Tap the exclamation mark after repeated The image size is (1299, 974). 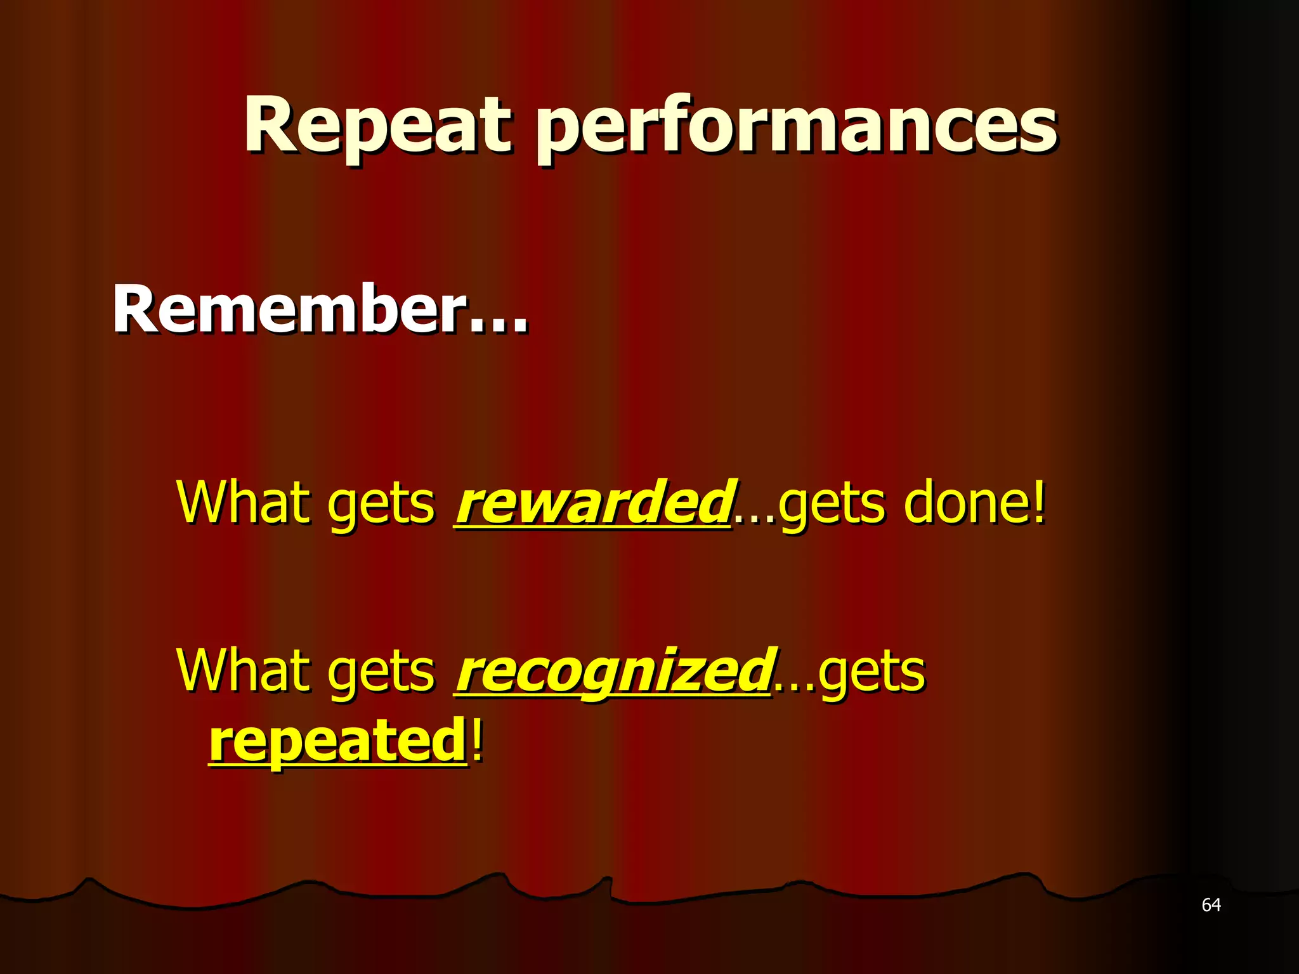[x=477, y=739]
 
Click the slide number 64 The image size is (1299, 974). [x=1211, y=905]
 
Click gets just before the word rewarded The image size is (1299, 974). [x=381, y=507]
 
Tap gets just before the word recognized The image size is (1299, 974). [x=381, y=675]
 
